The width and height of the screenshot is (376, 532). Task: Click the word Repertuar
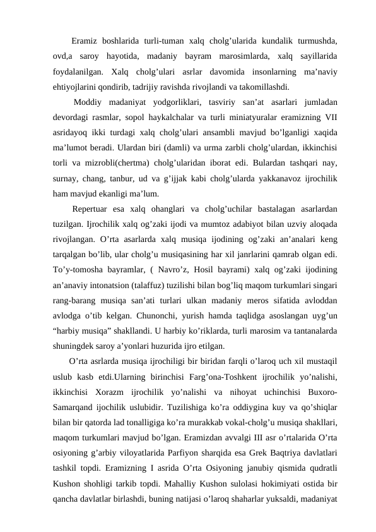coord(93,209)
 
